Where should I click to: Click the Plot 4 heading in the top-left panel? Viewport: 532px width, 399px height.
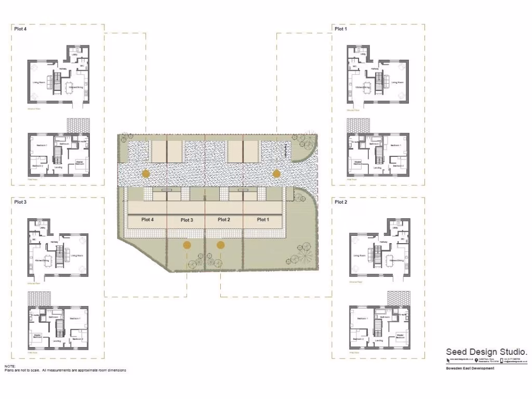click(20, 29)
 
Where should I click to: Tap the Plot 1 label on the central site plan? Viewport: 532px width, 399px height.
click(263, 220)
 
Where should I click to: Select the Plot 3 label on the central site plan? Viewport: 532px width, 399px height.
click(187, 220)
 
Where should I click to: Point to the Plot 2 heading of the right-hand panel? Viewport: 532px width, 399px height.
click(341, 202)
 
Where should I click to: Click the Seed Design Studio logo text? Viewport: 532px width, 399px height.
click(487, 352)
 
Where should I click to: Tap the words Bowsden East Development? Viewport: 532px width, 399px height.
click(470, 368)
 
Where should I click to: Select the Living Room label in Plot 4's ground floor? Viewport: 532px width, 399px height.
click(38, 83)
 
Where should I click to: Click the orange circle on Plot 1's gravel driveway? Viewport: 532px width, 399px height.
click(276, 174)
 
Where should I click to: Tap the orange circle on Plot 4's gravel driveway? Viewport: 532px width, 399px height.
click(146, 174)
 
